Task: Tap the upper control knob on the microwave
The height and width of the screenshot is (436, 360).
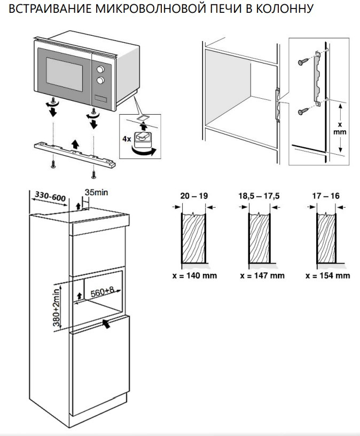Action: pos(99,69)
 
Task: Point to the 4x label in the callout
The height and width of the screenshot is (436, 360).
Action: pos(127,138)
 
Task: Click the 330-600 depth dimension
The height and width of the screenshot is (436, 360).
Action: pos(50,197)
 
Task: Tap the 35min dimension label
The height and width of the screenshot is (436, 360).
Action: pos(96,192)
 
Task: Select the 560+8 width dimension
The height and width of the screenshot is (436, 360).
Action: pos(103,292)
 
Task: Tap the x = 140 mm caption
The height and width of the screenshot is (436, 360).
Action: pos(195,276)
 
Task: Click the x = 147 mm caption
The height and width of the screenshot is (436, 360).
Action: pos(262,276)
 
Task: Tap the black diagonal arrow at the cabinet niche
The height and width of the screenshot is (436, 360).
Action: pos(107,323)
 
